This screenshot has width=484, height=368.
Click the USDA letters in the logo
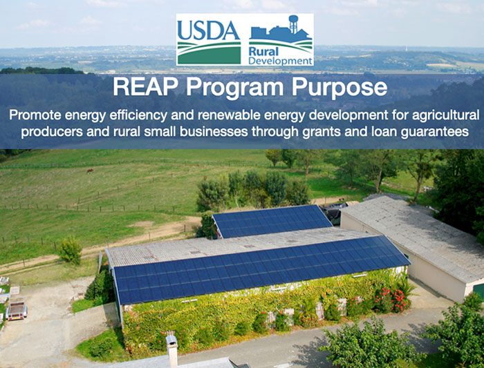pyautogui.click(x=209, y=30)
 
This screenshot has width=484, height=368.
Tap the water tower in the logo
pyautogui.click(x=293, y=24)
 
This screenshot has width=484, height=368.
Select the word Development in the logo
pyautogui.click(x=280, y=61)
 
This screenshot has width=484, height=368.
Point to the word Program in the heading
pyautogui.click(x=234, y=88)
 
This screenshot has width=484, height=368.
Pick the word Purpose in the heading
pyautogui.click(x=339, y=88)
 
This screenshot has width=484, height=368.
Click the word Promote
pyautogui.click(x=35, y=115)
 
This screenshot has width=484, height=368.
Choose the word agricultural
pyautogui.click(x=446, y=115)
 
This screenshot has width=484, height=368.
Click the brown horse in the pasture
pyautogui.click(x=90, y=171)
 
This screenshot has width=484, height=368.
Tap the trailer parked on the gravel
pyautogui.click(x=17, y=308)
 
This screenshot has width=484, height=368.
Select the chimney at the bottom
pyautogui.click(x=172, y=351)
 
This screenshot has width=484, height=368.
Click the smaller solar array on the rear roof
pyautogui.click(x=272, y=221)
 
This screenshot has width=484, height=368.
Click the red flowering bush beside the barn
pyautogui.click(x=391, y=300)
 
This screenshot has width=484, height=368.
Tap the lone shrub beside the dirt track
pyautogui.click(x=71, y=250)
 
